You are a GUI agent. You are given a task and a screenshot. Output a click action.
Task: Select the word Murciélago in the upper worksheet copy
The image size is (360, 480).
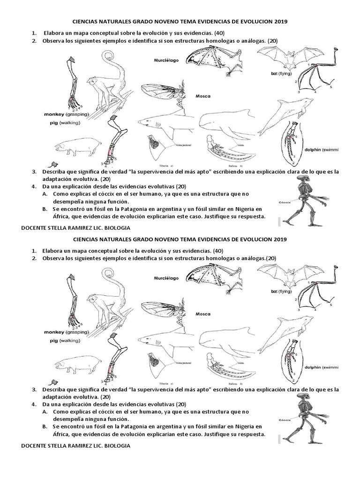point(167,60)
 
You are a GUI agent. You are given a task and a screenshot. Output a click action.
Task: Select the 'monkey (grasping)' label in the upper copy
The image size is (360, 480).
point(66,114)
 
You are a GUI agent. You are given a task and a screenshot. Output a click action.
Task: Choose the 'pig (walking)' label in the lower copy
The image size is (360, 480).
point(61,340)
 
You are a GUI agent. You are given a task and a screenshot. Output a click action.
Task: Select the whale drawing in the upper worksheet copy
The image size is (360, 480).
point(225,127)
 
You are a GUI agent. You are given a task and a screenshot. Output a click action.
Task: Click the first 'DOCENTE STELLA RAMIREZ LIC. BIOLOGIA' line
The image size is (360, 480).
point(76,228)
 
